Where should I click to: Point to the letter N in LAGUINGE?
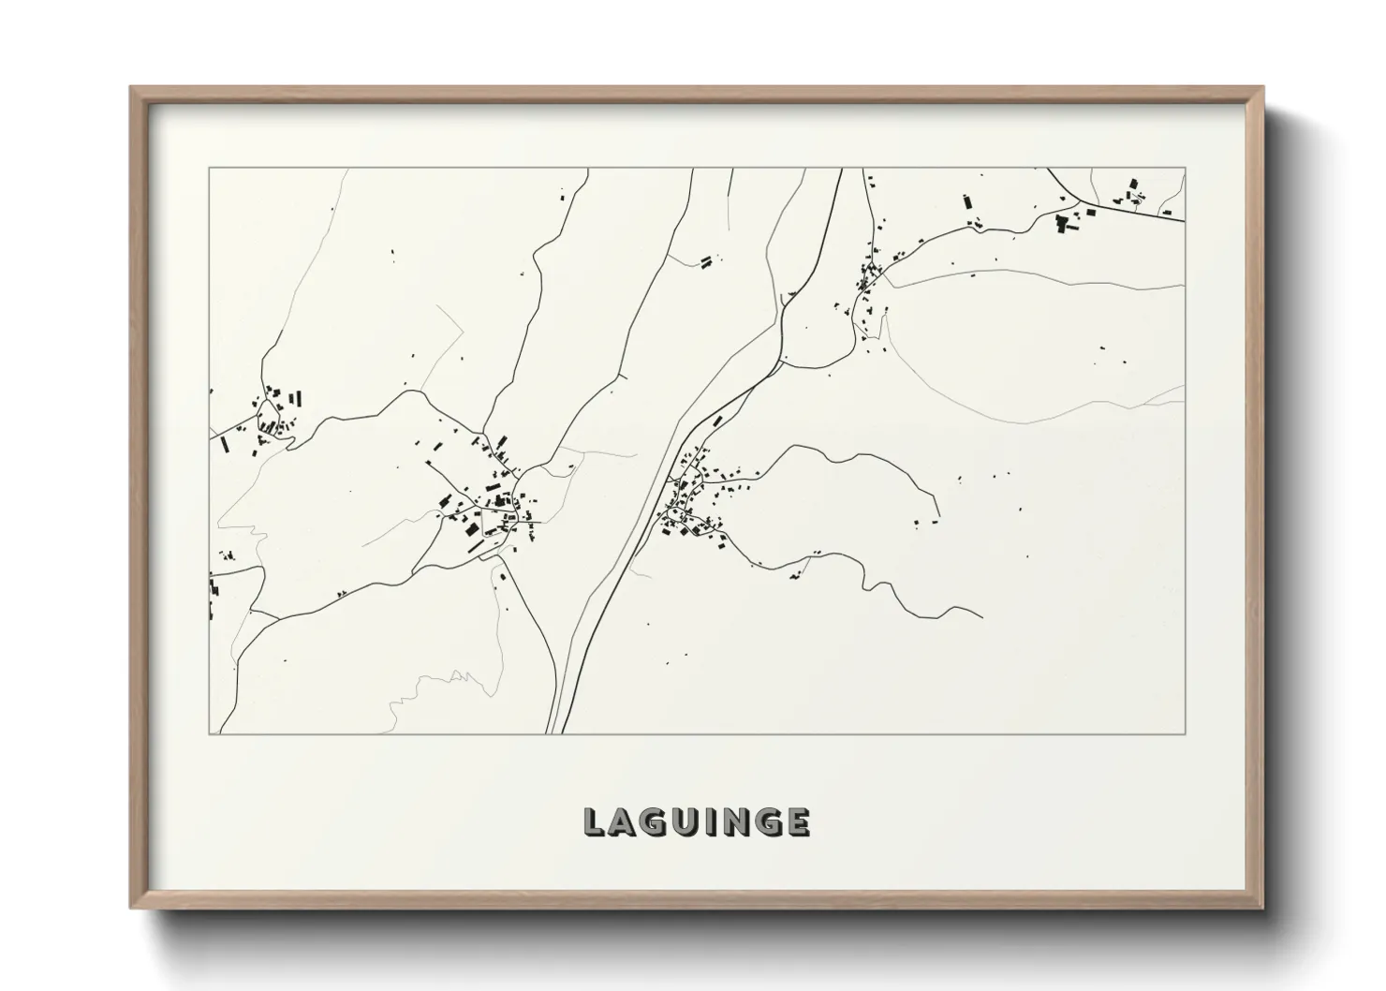pos(735,822)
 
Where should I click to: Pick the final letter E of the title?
pos(798,822)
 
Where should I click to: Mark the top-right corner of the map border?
pos(1185,168)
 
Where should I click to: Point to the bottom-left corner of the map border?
pos(209,733)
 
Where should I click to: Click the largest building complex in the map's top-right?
pos(1063,223)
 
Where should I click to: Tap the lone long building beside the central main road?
pos(718,421)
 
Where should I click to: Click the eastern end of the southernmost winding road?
pos(981,617)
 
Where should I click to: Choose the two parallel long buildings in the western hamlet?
pos(294,397)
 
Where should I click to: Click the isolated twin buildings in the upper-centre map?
pos(706,259)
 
